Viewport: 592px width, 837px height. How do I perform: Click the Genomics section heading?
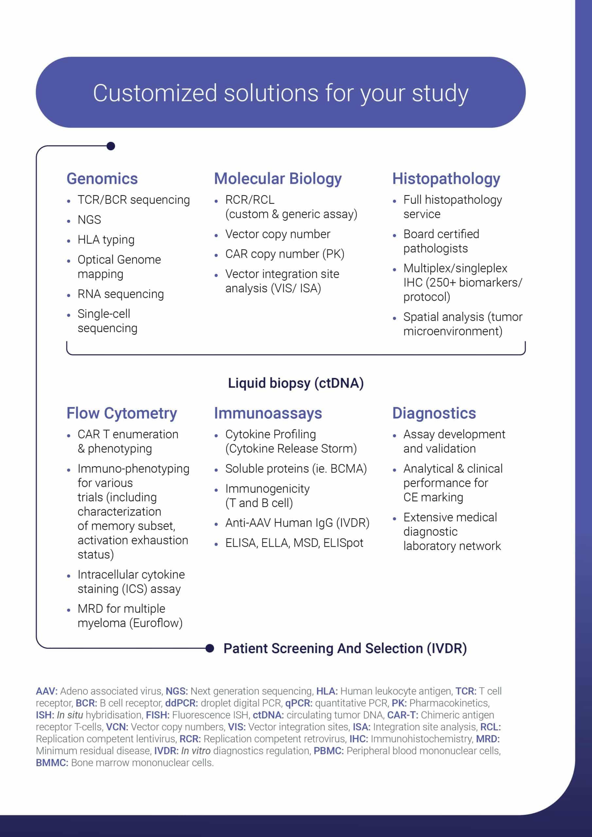point(102,179)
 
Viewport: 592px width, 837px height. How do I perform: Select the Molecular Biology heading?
point(278,179)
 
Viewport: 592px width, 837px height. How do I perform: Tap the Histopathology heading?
point(446,179)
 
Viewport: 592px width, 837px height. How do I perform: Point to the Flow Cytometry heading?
point(121,413)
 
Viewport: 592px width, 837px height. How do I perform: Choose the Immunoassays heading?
point(268,413)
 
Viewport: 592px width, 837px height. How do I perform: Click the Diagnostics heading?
point(434,413)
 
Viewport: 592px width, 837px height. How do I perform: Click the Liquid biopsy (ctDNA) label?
point(296,383)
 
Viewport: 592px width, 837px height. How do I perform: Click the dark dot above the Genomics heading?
point(111,146)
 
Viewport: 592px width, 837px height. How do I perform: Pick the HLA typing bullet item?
point(106,240)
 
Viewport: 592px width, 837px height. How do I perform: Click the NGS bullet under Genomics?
point(89,220)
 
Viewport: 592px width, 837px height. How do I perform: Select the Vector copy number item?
point(278,234)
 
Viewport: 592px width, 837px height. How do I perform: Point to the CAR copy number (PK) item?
point(285,254)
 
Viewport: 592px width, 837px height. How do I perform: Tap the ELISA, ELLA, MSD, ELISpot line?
point(294,543)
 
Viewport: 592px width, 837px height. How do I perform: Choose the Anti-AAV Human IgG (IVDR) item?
point(297,523)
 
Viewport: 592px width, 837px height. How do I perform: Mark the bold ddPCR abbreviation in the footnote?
point(181,703)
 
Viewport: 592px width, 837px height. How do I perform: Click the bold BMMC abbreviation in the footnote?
point(52,763)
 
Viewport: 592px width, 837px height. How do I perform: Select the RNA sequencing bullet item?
point(120,294)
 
